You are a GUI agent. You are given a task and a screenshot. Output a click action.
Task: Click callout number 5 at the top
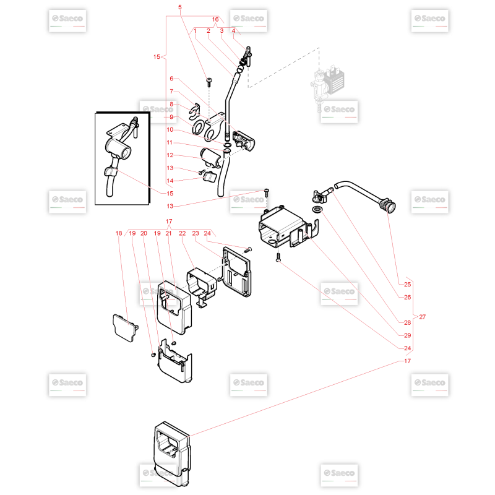180,7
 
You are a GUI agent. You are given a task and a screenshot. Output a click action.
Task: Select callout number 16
215,19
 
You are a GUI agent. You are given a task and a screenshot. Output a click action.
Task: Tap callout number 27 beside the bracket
423,317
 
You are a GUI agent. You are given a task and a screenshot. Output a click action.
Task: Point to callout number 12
170,155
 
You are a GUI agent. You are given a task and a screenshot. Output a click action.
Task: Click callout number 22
182,233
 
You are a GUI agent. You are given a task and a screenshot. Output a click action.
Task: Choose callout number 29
408,335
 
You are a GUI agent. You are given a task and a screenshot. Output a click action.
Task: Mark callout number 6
171,79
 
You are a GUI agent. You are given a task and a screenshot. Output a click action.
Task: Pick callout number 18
119,233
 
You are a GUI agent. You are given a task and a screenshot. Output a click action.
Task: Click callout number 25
408,284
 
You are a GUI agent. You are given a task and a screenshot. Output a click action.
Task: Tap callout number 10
170,129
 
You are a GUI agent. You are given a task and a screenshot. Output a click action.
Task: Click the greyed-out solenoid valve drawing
327,87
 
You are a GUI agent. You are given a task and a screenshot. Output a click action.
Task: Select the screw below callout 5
209,82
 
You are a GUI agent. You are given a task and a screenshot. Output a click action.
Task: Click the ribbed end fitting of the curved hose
388,205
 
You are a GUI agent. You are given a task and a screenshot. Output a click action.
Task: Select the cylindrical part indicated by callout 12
211,158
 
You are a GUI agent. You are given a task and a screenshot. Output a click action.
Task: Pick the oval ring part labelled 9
199,127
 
